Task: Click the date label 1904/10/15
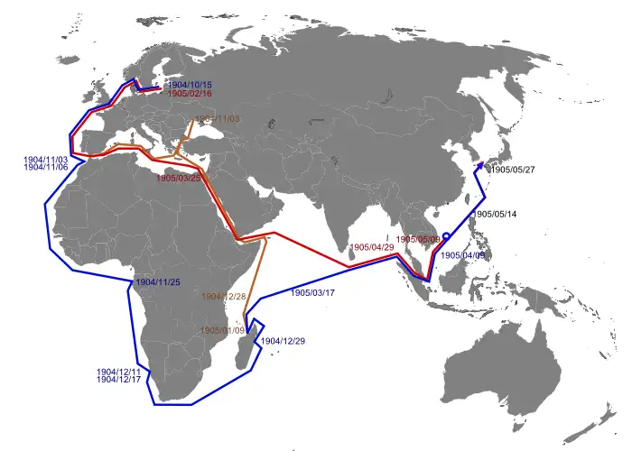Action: (x=190, y=85)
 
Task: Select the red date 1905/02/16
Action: (x=190, y=94)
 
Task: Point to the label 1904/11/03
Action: (x=46, y=159)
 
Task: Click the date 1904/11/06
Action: (x=46, y=168)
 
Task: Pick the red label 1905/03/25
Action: (x=178, y=179)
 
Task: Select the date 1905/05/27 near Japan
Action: (x=512, y=169)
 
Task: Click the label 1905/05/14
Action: (x=497, y=214)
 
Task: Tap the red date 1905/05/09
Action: (x=419, y=239)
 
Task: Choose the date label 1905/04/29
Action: (x=371, y=247)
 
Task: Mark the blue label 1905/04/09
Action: (x=464, y=255)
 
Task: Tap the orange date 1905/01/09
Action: (x=222, y=330)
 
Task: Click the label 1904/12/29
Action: (x=283, y=341)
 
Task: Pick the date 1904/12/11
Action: (x=118, y=372)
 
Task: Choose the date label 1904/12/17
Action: (x=118, y=381)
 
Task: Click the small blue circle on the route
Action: (x=447, y=237)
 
